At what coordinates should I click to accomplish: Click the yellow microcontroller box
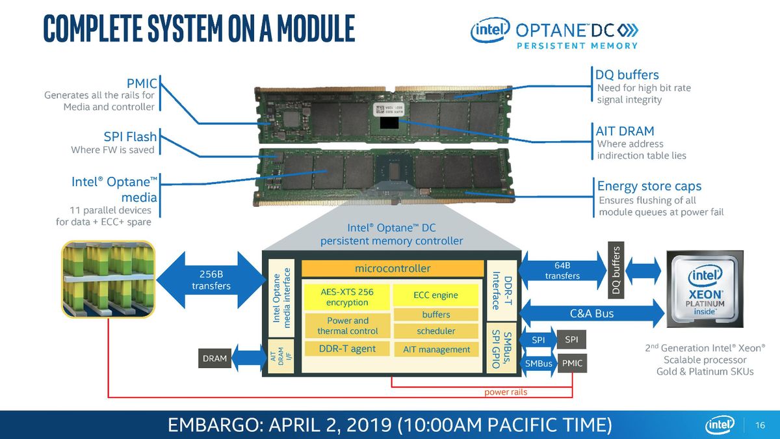pos(392,268)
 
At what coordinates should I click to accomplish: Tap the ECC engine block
pos(435,295)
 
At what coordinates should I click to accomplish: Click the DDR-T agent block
pos(347,349)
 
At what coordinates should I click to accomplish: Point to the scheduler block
pos(435,331)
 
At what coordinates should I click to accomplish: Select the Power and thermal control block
pos(347,325)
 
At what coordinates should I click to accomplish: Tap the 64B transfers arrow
pos(562,270)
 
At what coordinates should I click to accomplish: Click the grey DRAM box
pos(214,358)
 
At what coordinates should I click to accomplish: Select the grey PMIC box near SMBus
pos(572,364)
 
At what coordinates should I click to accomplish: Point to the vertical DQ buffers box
pos(617,270)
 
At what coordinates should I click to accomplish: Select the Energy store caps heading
pos(649,187)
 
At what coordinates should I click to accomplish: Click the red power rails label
pos(505,392)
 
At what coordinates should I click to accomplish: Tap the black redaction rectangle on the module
pos(387,123)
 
